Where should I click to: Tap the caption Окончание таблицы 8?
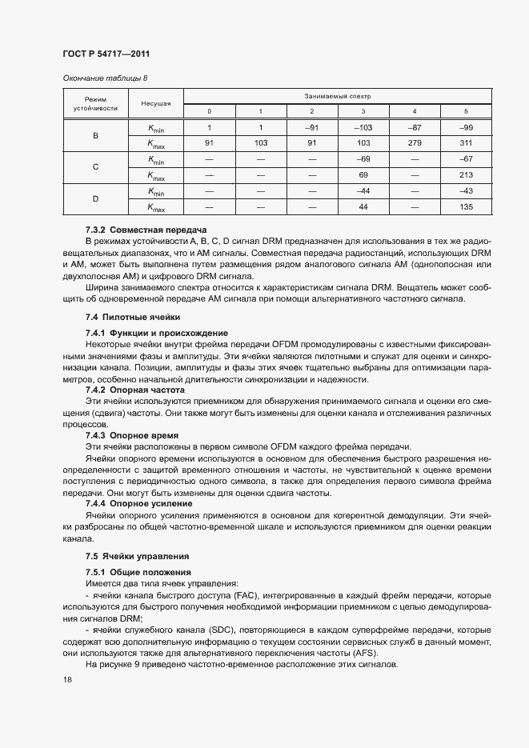pos(104,78)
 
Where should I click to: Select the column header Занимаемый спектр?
pos(337,96)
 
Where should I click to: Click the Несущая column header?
pos(156,104)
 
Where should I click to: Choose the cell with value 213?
pos(466,175)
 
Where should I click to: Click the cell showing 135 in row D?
pos(466,208)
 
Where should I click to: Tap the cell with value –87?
pos(414,128)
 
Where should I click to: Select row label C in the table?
pos(95,167)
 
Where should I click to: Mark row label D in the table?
pos(95,200)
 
